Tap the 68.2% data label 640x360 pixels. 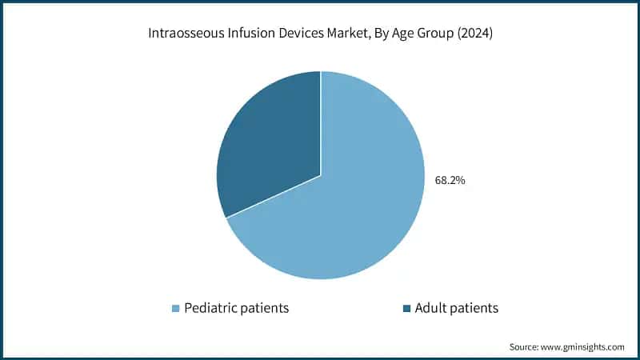coord(450,181)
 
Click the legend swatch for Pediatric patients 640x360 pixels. coord(175,308)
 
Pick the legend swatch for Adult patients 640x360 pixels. coord(406,308)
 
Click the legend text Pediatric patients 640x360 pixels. coord(236,308)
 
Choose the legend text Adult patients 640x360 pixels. coord(456,308)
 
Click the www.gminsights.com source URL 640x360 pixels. coord(584,347)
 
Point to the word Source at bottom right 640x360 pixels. coord(525,347)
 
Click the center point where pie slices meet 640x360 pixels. coord(321,175)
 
